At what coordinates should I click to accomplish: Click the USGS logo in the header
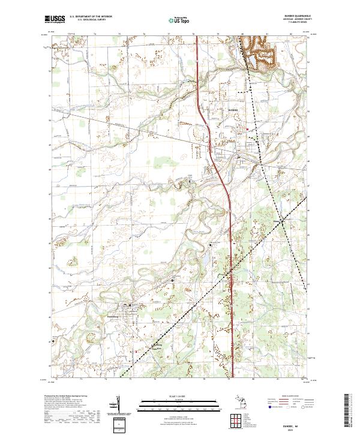(55, 19)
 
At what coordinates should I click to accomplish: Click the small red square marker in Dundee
(247, 128)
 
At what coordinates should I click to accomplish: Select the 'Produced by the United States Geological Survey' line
(66, 397)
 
